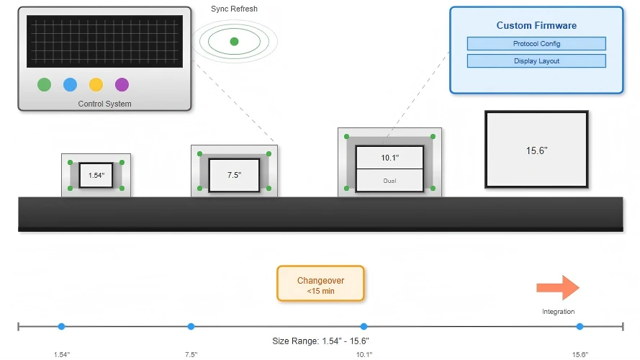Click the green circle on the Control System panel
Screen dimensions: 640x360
pyautogui.click(x=44, y=84)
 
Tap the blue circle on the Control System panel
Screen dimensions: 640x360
pyautogui.click(x=71, y=84)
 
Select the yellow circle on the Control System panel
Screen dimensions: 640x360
pyautogui.click(x=96, y=84)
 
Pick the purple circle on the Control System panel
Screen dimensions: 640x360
pyautogui.click(x=122, y=84)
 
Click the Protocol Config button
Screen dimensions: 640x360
pyautogui.click(x=536, y=44)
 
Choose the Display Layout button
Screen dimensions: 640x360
pyautogui.click(x=536, y=60)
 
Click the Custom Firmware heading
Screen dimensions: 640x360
pyautogui.click(x=536, y=25)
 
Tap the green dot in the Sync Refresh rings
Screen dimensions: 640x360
pyautogui.click(x=234, y=41)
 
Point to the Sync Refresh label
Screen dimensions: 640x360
pyautogui.click(x=234, y=9)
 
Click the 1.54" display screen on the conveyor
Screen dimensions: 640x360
pyautogui.click(x=96, y=175)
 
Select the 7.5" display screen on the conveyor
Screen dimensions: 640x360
pyautogui.click(x=234, y=175)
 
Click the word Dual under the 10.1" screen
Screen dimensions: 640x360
pyautogui.click(x=389, y=181)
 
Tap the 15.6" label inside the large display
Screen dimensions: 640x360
pyautogui.click(x=536, y=150)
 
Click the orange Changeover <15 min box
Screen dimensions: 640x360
pyautogui.click(x=320, y=284)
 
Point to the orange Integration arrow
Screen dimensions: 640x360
pyautogui.click(x=558, y=288)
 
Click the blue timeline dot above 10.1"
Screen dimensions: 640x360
pyautogui.click(x=364, y=326)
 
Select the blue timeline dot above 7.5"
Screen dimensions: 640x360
pyautogui.click(x=191, y=326)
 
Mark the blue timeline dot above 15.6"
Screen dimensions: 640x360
pyautogui.click(x=580, y=326)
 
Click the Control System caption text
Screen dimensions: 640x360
pyautogui.click(x=105, y=104)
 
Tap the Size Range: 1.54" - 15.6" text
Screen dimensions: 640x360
pyautogui.click(x=321, y=341)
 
